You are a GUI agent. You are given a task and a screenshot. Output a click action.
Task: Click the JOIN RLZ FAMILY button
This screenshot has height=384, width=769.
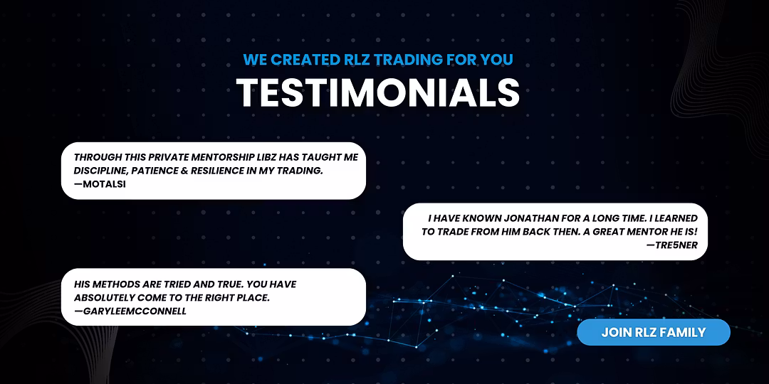653,333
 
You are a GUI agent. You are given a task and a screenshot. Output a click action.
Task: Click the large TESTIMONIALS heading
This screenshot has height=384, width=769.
377,92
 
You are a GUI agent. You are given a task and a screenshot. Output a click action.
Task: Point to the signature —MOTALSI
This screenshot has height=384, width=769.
100,184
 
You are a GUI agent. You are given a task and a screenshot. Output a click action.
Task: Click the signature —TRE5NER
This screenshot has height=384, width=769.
672,245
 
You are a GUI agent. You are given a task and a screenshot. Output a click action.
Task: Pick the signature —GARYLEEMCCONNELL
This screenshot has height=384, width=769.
130,311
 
